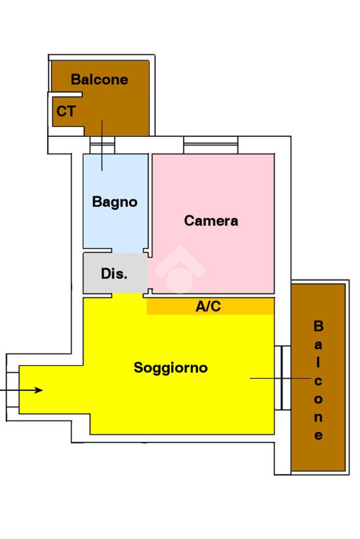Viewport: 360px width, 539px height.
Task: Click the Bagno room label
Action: point(114,202)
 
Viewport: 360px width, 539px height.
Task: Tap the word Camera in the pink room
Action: point(211,221)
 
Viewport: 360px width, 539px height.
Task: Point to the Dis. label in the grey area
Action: point(114,273)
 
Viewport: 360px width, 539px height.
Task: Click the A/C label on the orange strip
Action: point(208,306)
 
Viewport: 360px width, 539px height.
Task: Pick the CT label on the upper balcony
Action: point(66,111)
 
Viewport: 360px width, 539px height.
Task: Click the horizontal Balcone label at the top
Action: point(100,80)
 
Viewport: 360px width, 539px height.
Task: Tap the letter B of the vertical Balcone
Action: point(318,326)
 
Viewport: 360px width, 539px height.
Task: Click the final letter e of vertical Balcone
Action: point(318,435)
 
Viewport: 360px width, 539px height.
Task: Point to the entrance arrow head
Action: point(39,390)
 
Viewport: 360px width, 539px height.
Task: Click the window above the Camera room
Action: point(210,145)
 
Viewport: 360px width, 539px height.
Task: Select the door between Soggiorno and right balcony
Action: point(283,377)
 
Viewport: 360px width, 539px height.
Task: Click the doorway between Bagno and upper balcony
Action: point(102,145)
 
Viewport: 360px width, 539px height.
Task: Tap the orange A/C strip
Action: point(210,306)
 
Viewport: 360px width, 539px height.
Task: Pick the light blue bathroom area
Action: point(115,201)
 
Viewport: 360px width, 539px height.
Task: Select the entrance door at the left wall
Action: point(13,389)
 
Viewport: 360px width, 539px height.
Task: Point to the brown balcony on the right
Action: point(318,377)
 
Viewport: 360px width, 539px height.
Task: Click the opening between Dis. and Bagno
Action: point(128,251)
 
